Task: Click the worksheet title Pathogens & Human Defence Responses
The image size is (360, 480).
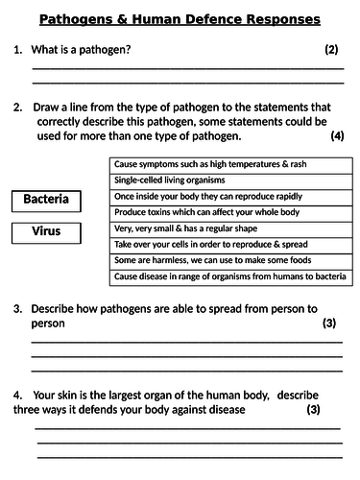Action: click(x=180, y=19)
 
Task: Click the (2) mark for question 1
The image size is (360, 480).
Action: click(x=331, y=49)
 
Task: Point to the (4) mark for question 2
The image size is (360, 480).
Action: click(x=336, y=136)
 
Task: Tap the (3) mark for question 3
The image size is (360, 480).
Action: click(x=329, y=324)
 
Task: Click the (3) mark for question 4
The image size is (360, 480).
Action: click(x=313, y=409)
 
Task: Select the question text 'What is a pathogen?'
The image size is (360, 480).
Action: click(x=82, y=49)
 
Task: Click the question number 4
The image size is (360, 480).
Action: click(x=17, y=395)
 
